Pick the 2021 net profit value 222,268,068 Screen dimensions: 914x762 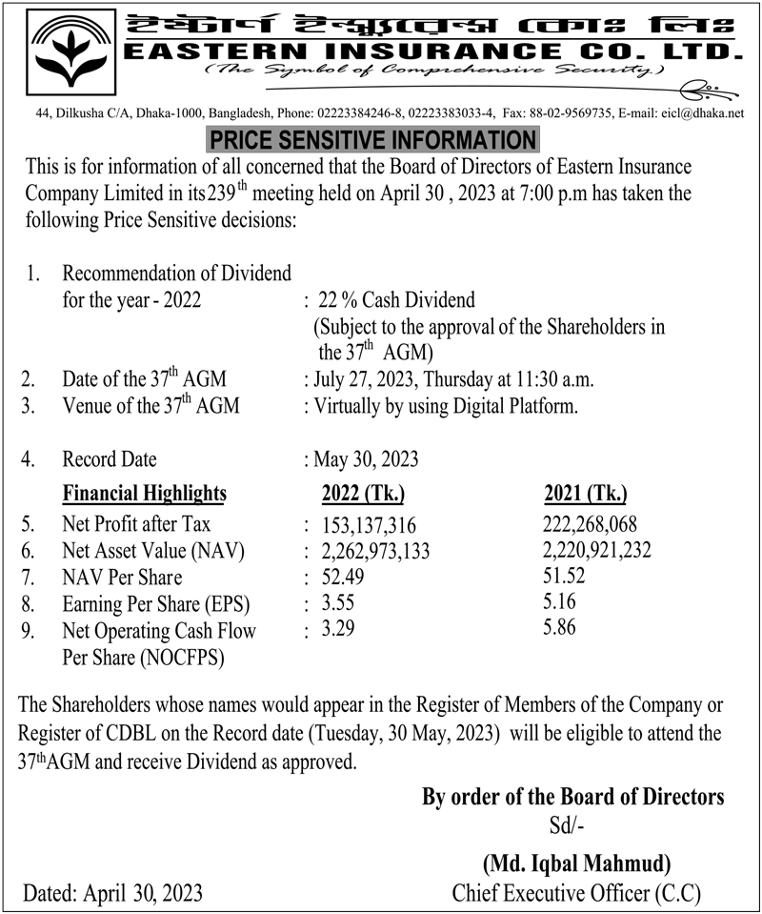(591, 525)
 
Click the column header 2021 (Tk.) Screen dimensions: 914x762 (586, 494)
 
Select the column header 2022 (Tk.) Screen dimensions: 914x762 (364, 494)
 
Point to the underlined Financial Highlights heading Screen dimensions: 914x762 (145, 494)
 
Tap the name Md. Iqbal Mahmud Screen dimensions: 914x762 (576, 863)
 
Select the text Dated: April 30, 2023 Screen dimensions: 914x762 (113, 894)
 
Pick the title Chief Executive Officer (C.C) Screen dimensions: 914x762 (576, 894)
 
